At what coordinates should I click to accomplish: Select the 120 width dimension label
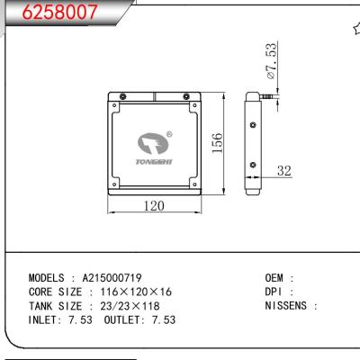pos(155,206)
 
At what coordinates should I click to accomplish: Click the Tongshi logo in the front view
pos(156,144)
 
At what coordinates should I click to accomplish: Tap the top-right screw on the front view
pos(187,96)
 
